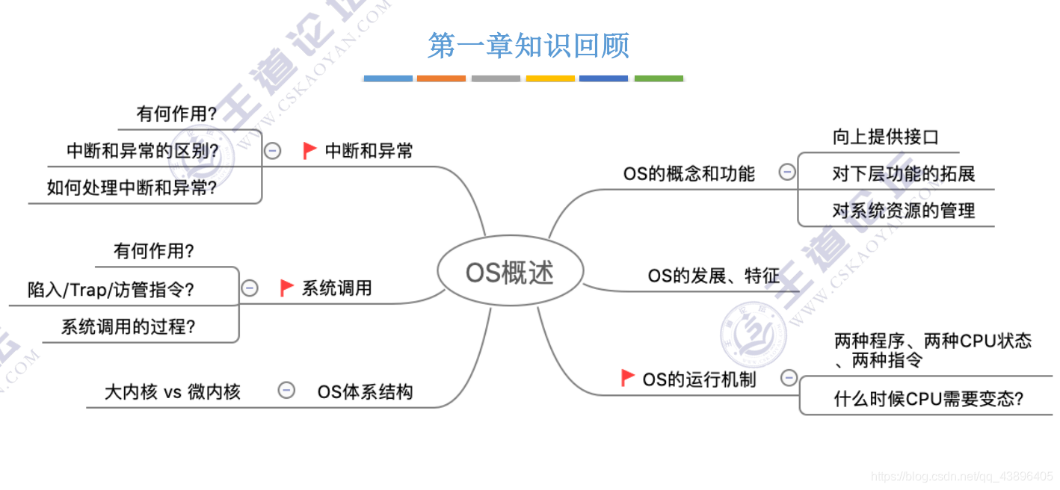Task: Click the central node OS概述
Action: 509,273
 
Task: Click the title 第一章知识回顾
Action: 529,46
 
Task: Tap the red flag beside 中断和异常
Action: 309,151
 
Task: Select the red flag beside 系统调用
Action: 286,288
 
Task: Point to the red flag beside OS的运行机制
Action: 628,378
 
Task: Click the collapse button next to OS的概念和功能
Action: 786,173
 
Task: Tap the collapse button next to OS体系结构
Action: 286,390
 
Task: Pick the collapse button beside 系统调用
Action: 250,288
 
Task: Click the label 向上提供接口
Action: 885,137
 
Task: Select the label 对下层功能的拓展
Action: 903,174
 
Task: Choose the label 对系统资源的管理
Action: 903,211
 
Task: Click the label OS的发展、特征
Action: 713,276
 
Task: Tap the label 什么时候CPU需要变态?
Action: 928,399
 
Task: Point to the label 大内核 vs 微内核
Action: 173,391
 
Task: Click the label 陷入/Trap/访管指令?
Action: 111,289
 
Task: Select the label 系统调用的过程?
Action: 129,326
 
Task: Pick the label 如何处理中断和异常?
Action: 132,187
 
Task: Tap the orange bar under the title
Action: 441,78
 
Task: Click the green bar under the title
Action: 659,78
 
